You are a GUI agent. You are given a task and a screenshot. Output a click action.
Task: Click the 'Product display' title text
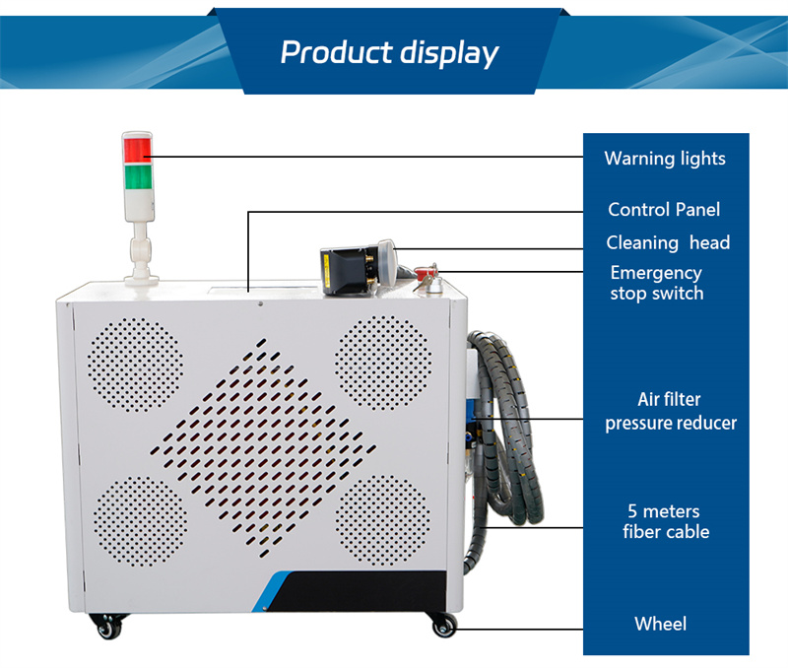click(389, 53)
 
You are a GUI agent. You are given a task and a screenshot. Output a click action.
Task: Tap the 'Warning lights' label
click(665, 159)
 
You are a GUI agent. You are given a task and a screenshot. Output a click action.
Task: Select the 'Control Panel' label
click(664, 209)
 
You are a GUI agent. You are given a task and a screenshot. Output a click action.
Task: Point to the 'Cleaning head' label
click(668, 242)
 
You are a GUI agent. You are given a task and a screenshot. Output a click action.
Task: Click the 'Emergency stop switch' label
click(657, 283)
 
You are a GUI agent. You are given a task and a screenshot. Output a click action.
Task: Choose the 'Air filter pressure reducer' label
click(671, 411)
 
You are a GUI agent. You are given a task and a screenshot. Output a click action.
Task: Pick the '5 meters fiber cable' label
click(666, 521)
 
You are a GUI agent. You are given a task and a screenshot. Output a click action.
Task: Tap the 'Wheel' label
click(660, 624)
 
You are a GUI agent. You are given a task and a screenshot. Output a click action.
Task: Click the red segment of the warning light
click(137, 150)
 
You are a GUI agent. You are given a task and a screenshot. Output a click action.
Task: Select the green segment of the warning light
click(138, 177)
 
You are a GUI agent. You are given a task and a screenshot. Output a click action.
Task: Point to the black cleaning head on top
click(358, 266)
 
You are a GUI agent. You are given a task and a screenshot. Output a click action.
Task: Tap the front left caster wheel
click(108, 626)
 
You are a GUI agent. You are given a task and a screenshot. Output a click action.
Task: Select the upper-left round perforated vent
click(135, 365)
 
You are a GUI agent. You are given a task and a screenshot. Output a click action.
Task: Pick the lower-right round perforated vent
click(383, 520)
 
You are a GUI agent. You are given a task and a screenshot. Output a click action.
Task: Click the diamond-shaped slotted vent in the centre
click(262, 448)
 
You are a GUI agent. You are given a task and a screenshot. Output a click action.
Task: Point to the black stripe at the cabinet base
click(352, 591)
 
